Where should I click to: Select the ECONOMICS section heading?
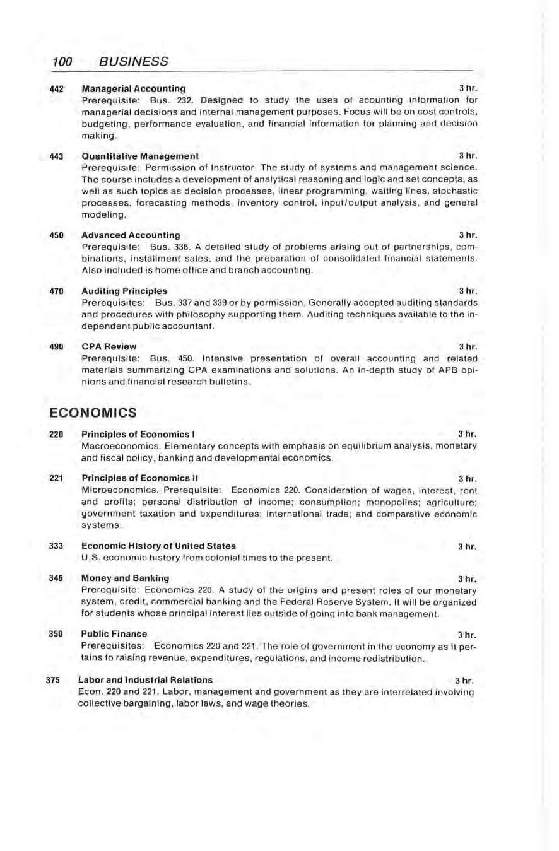[93, 413]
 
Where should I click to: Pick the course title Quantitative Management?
[140, 156]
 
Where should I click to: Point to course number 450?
[57, 235]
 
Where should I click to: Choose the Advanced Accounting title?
[131, 235]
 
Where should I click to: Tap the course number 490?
[57, 347]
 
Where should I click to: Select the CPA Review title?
[109, 347]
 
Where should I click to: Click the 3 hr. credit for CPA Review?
[468, 347]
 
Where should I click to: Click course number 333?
[57, 546]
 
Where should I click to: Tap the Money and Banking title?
[126, 578]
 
